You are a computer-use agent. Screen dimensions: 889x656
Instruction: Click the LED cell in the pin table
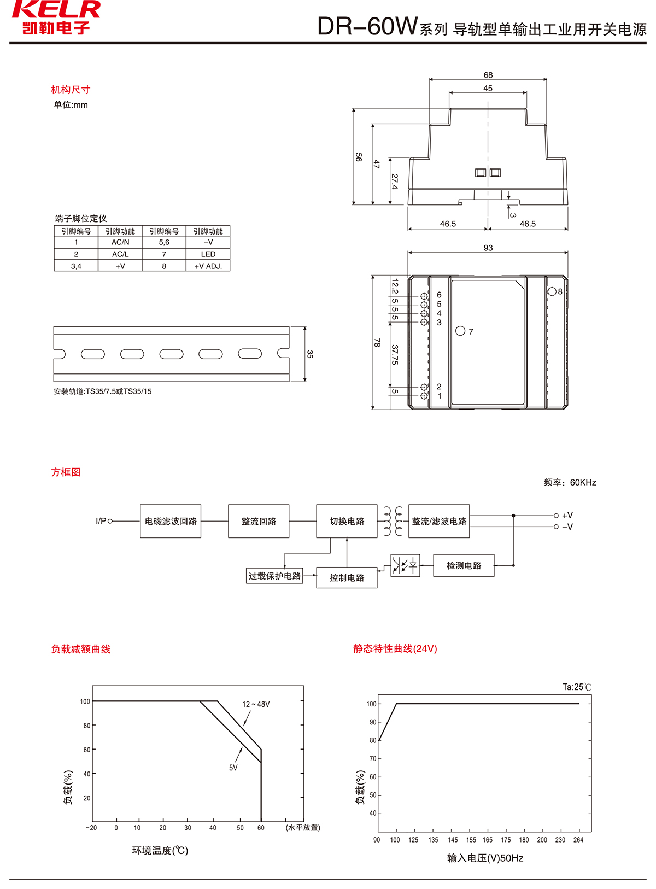click(x=208, y=254)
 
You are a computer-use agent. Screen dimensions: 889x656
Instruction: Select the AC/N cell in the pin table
click(x=120, y=242)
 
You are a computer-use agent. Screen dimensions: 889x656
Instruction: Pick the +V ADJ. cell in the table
click(x=208, y=266)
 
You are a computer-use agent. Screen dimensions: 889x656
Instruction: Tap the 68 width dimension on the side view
click(x=488, y=75)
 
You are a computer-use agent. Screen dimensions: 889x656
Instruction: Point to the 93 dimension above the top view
click(x=488, y=248)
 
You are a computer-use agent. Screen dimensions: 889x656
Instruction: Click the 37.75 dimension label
click(x=395, y=354)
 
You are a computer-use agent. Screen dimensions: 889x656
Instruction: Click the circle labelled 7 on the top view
click(x=460, y=331)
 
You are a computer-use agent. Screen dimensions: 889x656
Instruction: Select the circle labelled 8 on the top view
click(x=552, y=291)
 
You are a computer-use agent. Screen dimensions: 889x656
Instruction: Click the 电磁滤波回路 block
click(x=171, y=521)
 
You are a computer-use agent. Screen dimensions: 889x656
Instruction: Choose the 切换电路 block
click(x=347, y=521)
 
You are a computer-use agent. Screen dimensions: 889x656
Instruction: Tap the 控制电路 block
click(x=347, y=577)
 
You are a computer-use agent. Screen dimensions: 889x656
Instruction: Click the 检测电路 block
click(x=464, y=565)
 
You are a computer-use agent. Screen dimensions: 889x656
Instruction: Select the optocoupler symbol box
click(x=405, y=565)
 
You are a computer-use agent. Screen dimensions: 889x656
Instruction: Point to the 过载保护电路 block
click(x=274, y=576)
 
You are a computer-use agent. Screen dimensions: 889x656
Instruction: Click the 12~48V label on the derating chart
click(x=256, y=704)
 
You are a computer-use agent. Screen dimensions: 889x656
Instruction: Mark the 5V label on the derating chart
click(x=233, y=768)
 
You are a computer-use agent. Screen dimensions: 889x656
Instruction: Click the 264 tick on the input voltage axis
click(x=578, y=840)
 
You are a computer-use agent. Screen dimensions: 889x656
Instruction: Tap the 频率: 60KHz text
click(x=570, y=482)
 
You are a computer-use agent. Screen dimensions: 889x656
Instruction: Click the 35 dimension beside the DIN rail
click(x=310, y=354)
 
